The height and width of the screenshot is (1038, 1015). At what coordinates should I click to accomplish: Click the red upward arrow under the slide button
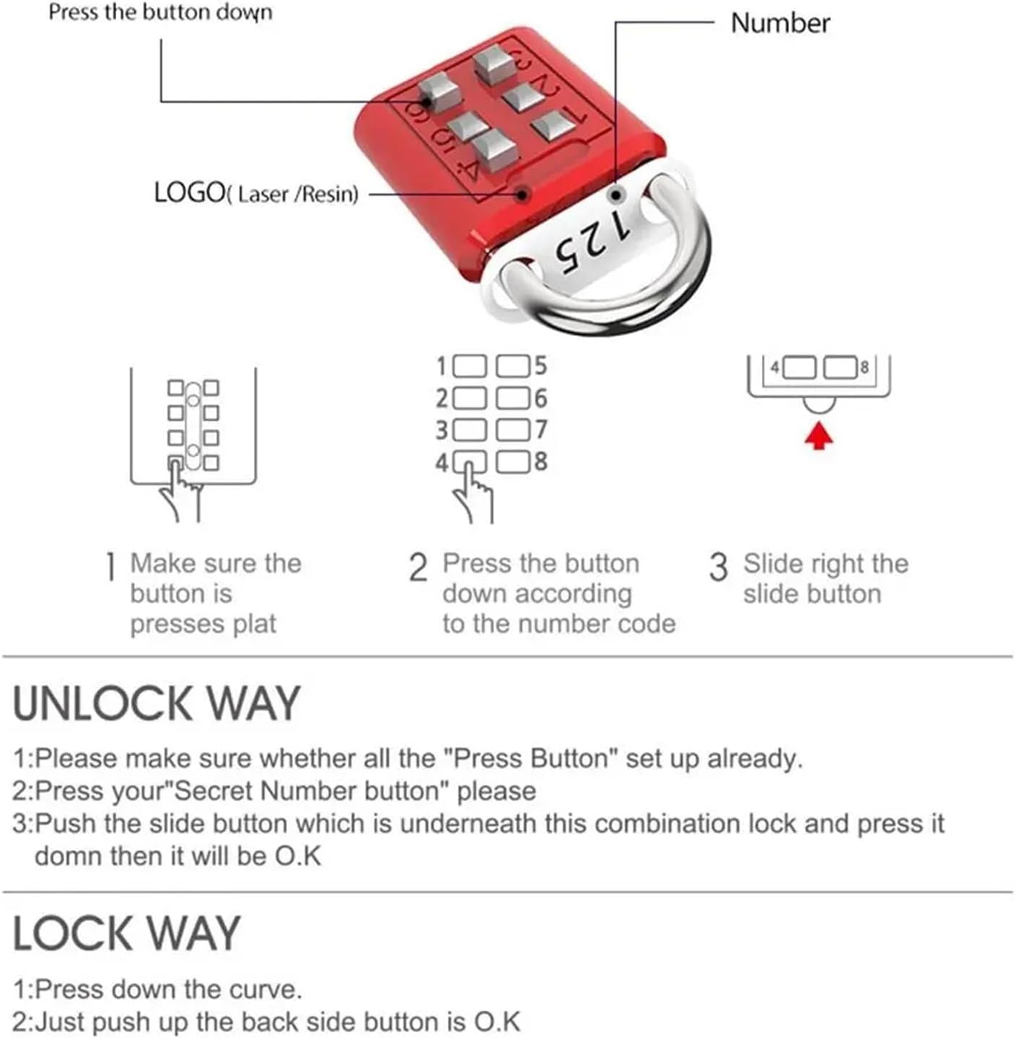[x=818, y=436]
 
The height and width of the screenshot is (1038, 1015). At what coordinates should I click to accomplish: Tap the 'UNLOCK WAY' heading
[x=156, y=703]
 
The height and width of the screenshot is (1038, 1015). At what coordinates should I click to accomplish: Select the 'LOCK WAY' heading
[x=126, y=933]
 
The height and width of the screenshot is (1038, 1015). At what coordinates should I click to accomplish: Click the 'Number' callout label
[x=780, y=23]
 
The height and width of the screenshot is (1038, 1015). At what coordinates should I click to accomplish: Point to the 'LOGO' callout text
[x=189, y=193]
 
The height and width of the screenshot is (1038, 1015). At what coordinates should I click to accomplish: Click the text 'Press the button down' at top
[x=160, y=12]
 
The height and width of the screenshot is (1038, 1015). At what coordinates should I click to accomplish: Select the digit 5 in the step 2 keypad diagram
[x=540, y=366]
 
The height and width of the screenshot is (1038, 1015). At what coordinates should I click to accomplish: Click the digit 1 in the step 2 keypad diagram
[x=441, y=366]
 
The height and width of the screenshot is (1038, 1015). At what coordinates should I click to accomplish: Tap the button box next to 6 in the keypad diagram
[x=513, y=398]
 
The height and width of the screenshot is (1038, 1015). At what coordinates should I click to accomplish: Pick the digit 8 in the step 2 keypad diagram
[x=540, y=462]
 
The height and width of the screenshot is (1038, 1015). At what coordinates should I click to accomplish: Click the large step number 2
[x=418, y=568]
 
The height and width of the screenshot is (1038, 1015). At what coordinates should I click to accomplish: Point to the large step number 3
[x=719, y=567]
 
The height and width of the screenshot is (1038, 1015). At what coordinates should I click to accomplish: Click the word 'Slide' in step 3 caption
[x=773, y=563]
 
